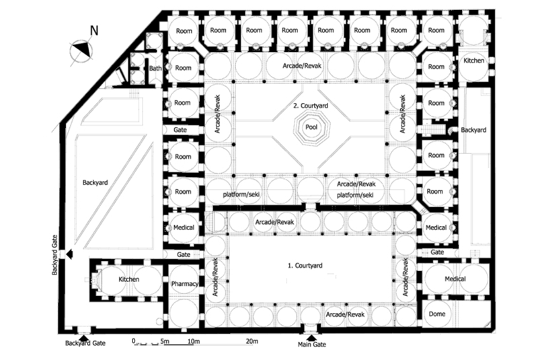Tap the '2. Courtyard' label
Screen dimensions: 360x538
(311, 106)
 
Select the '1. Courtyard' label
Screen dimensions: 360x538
(306, 266)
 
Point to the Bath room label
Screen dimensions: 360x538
(155, 68)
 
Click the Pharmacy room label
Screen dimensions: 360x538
(184, 284)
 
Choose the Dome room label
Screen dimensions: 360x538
(436, 314)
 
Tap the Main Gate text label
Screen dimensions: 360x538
(311, 345)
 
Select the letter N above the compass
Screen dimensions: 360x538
(95, 30)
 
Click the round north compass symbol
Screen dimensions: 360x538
(81, 49)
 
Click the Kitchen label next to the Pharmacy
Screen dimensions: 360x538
(128, 279)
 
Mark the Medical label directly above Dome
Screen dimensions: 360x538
(455, 279)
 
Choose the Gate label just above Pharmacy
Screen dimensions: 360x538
(184, 256)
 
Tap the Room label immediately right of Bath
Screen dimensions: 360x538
(183, 68)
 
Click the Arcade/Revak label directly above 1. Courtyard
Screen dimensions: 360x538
(274, 222)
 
